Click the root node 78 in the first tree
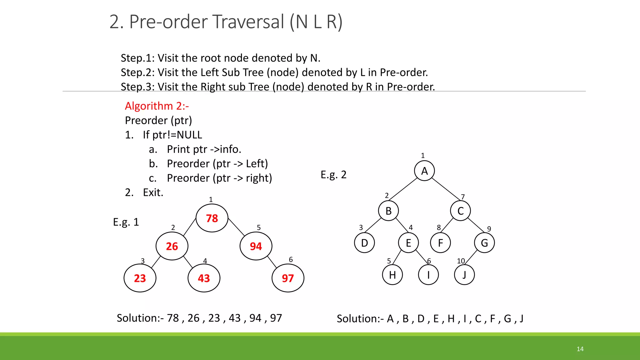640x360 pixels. click(x=212, y=218)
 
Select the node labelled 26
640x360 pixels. click(x=172, y=246)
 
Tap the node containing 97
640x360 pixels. click(x=288, y=278)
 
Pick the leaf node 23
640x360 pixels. click(x=140, y=278)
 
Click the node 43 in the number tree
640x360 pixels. click(x=204, y=278)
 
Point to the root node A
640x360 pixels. click(x=424, y=171)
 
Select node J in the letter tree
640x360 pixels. click(x=464, y=275)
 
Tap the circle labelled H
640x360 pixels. click(x=392, y=275)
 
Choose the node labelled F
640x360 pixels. click(x=441, y=243)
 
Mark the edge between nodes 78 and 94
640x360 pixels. click(x=237, y=227)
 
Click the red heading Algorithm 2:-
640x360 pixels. click(x=157, y=106)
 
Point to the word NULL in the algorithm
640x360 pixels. click(x=189, y=135)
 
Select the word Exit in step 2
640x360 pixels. click(x=152, y=192)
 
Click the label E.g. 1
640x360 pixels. click(x=126, y=222)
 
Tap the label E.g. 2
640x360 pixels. click(x=333, y=175)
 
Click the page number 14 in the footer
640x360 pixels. click(x=580, y=349)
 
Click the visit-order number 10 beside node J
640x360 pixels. click(x=461, y=261)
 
